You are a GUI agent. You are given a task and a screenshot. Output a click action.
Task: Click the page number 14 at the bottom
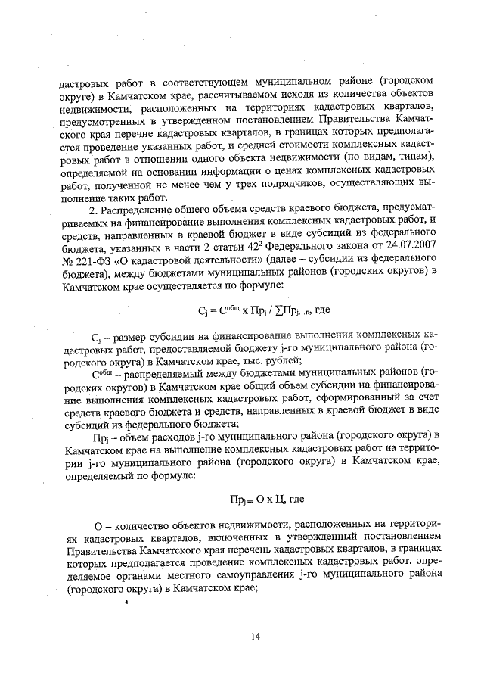pyautogui.click(x=256, y=637)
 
